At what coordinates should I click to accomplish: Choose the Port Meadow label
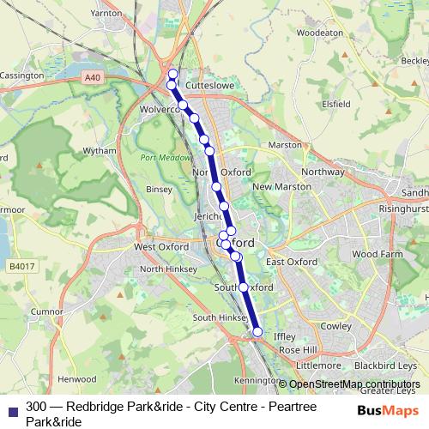pos(161,157)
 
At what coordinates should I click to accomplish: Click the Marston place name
pos(285,145)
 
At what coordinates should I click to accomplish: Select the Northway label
pos(323,172)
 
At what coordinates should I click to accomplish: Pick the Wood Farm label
pos(377,254)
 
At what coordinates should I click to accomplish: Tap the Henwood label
pos(76,378)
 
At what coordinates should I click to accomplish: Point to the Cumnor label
pos(47,311)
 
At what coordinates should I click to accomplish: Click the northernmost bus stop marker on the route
pos(172,74)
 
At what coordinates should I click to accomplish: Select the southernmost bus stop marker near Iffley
pos(257,332)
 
